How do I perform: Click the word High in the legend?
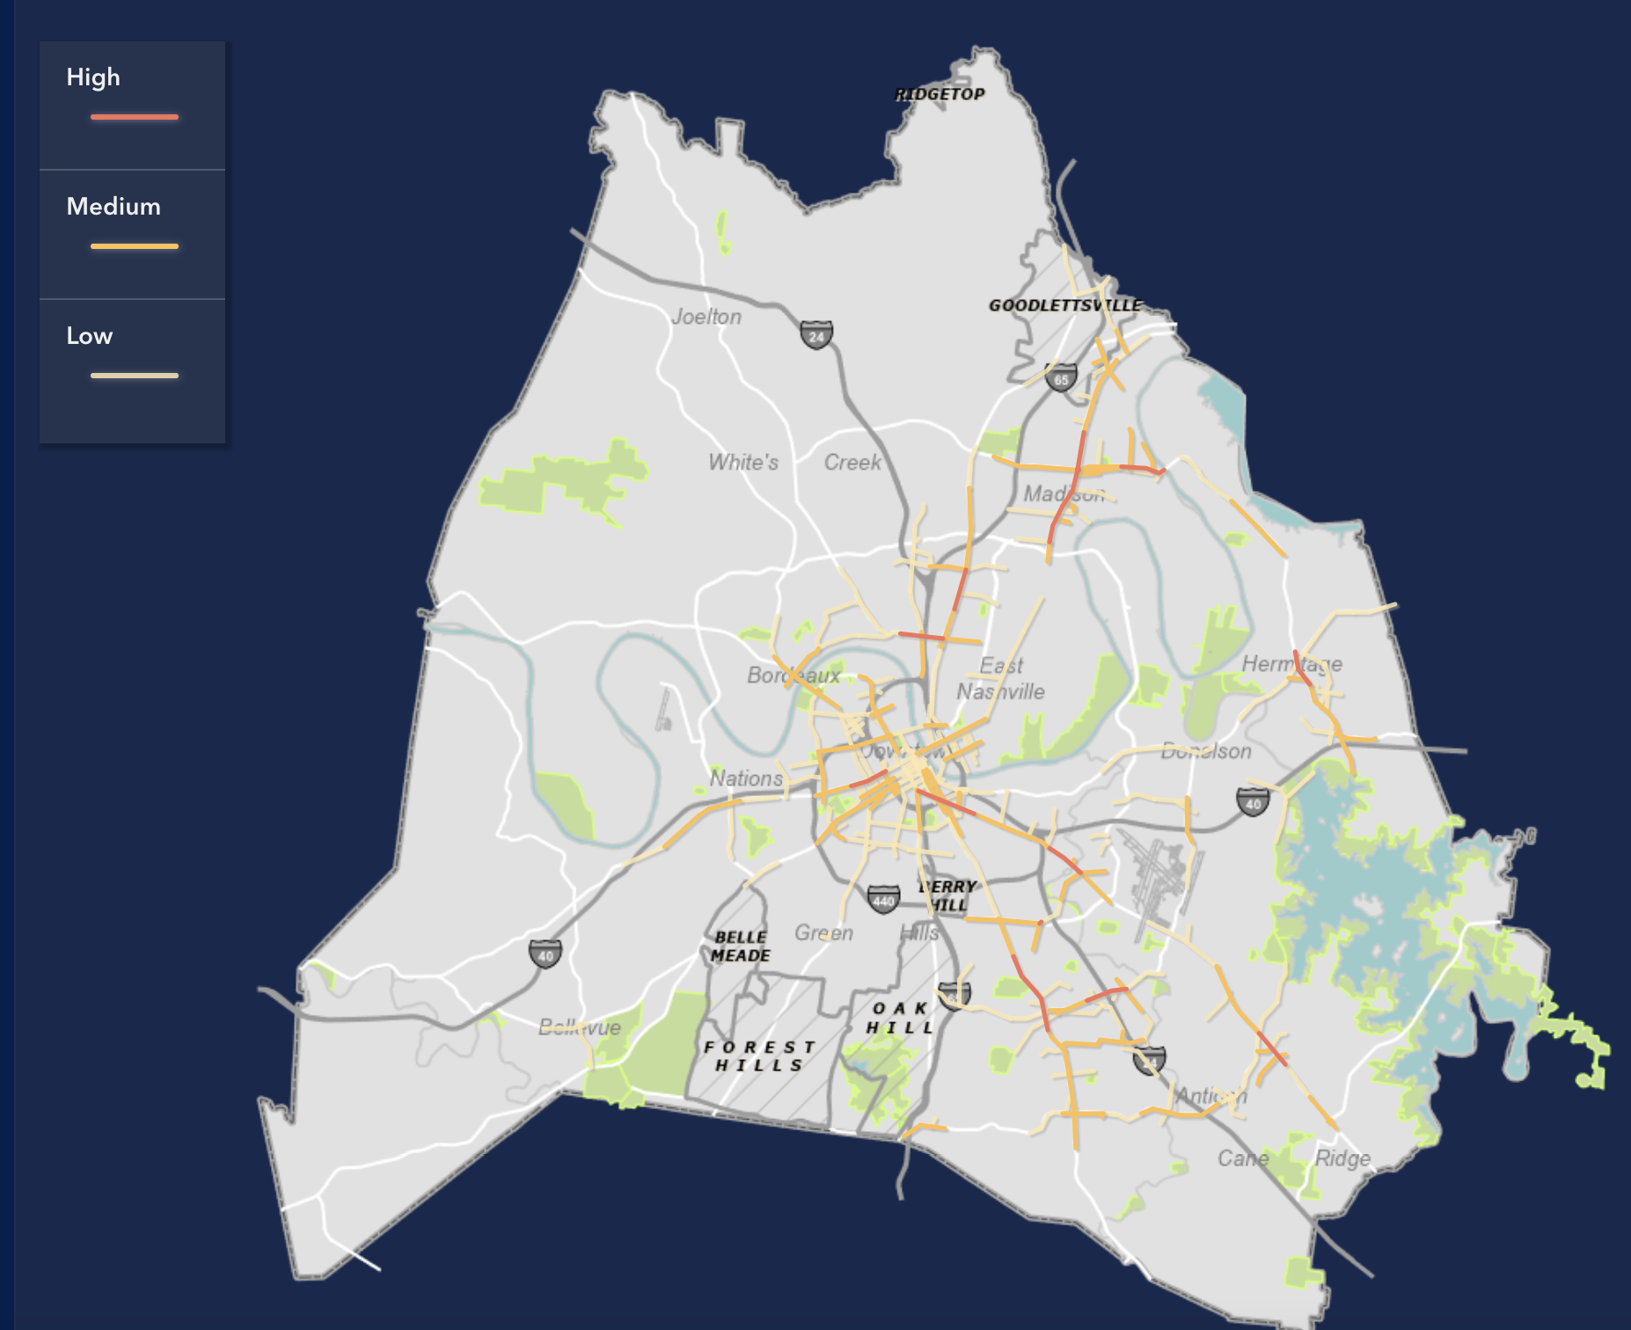tap(93, 77)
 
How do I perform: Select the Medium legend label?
tap(113, 207)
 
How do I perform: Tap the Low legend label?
tap(90, 336)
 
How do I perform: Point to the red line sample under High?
tap(135, 117)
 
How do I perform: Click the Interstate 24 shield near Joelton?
tap(816, 334)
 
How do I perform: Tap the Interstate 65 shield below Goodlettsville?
tap(1061, 378)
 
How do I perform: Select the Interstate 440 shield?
tap(883, 899)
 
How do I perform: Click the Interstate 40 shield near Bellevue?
tap(545, 954)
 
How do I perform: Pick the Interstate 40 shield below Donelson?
tap(1253, 801)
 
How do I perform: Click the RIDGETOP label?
tap(940, 94)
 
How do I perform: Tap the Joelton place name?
tap(706, 317)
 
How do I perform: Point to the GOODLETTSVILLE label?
tap(1065, 305)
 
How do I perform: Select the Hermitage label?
tap(1291, 664)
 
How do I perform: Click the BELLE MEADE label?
tap(741, 946)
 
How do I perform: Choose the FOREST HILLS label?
tap(760, 1056)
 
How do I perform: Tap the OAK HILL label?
tap(899, 1018)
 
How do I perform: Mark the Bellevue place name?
tap(580, 1027)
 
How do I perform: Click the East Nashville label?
tap(1001, 678)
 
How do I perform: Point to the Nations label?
tap(746, 778)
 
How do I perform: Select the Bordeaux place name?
tap(794, 676)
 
